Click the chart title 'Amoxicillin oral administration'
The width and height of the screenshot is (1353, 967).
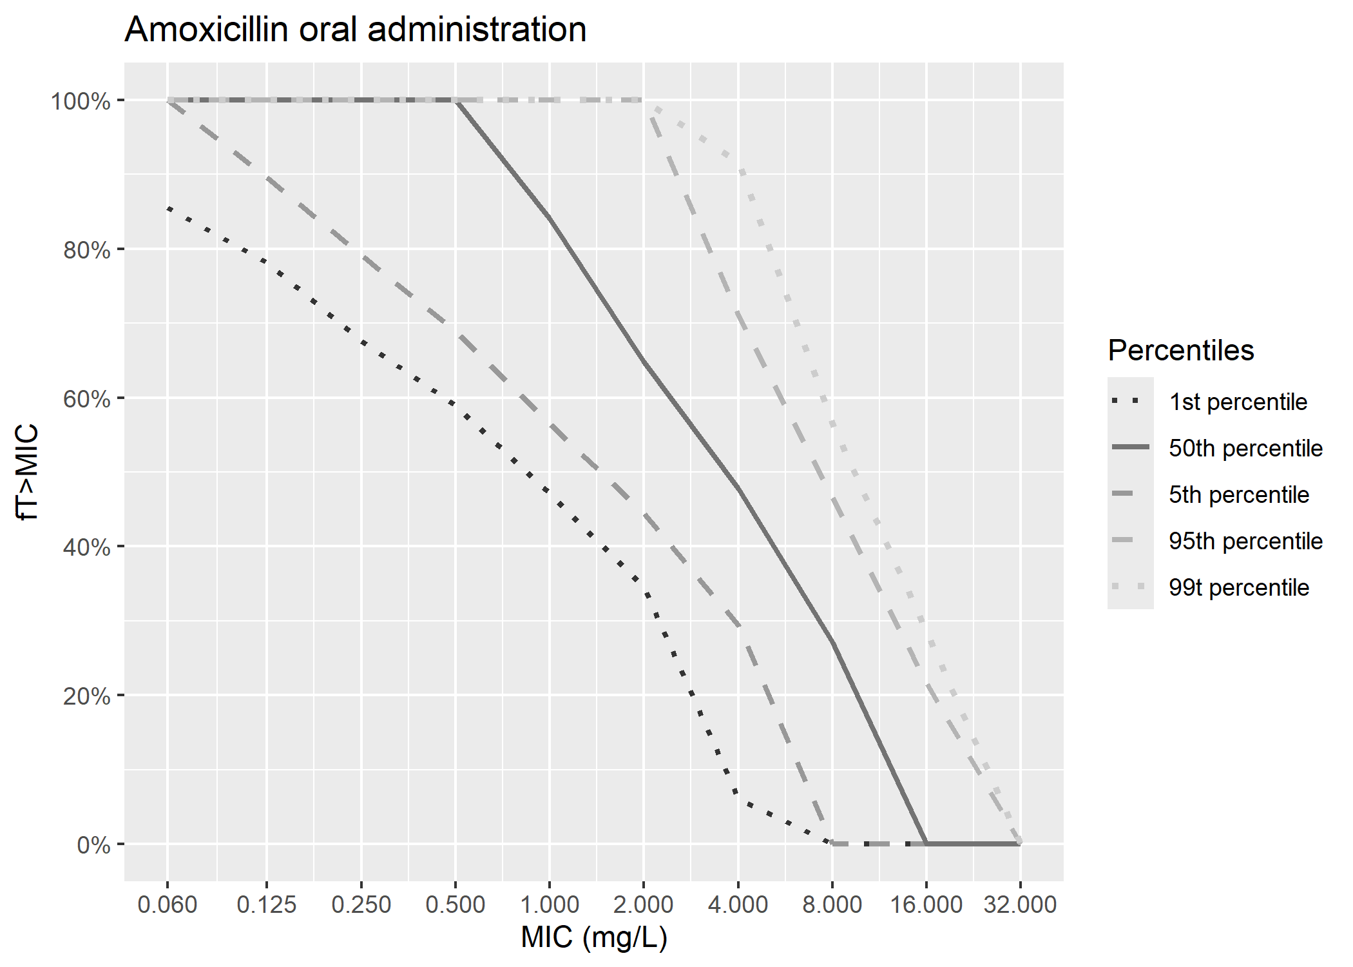[x=355, y=30]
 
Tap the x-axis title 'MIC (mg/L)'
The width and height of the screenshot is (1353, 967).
[x=593, y=937]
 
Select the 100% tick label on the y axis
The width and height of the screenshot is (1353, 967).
[x=81, y=101]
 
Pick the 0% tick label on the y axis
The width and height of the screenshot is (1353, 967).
[x=93, y=845]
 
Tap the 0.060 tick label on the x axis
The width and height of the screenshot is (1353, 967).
[x=168, y=904]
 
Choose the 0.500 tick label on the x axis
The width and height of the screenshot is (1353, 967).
[x=455, y=904]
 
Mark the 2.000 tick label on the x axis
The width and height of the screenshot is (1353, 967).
[x=643, y=904]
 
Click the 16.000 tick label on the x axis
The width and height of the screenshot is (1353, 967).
[x=926, y=904]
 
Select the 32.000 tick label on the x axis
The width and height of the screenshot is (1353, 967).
[x=1020, y=904]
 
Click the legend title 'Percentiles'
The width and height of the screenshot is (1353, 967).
[x=1180, y=351]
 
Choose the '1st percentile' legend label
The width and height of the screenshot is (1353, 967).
[x=1238, y=402]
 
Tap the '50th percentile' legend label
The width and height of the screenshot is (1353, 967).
[x=1245, y=448]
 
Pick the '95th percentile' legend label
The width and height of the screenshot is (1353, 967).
[x=1245, y=541]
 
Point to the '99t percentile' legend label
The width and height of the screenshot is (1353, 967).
[x=1238, y=587]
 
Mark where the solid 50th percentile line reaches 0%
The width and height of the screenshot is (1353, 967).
[x=926, y=843]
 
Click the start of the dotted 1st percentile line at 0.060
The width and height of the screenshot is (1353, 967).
[x=168, y=208]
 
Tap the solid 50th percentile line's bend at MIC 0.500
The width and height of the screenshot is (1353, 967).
[x=456, y=101]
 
